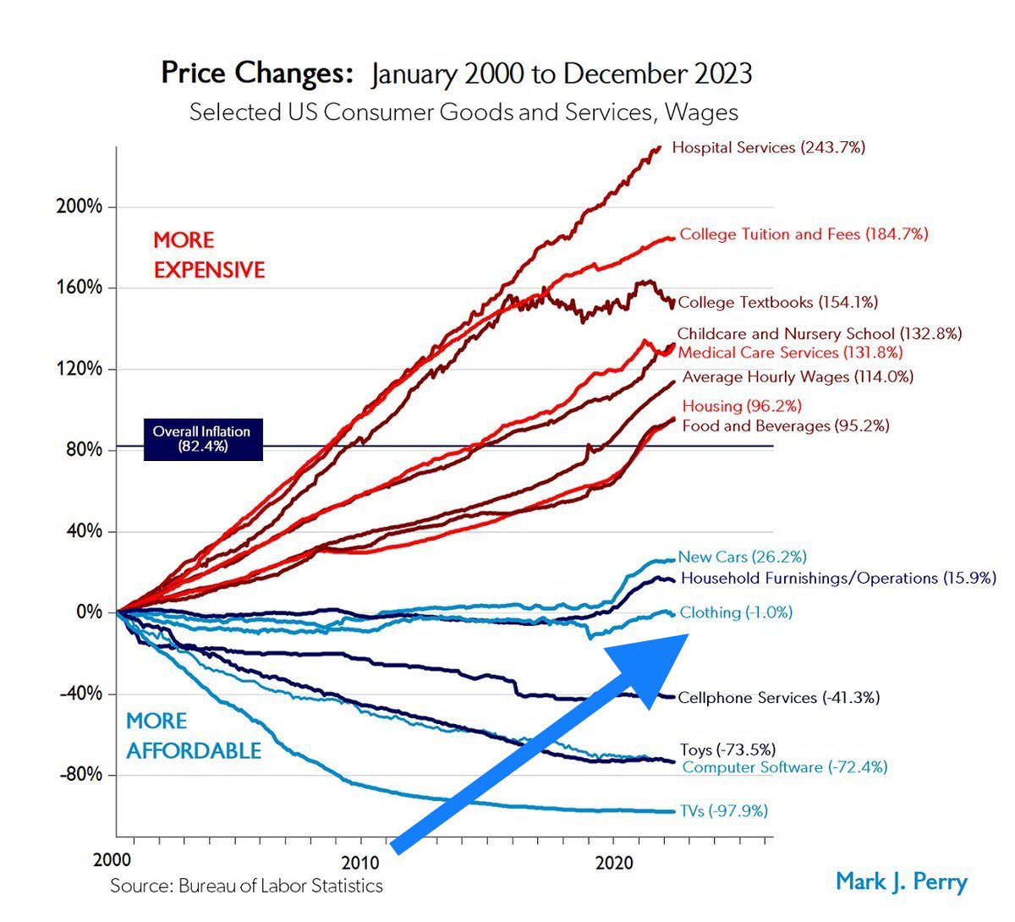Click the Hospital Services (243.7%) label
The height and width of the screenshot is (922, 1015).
click(x=768, y=148)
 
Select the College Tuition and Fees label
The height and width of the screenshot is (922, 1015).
click(x=804, y=234)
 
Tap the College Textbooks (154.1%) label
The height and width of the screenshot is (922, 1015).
click(x=777, y=302)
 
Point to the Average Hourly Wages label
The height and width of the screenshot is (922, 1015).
click(x=798, y=377)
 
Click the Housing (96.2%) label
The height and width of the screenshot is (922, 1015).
click(x=742, y=407)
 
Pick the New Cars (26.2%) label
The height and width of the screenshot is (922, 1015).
click(x=742, y=557)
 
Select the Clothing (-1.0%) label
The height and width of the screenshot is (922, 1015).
click(x=736, y=612)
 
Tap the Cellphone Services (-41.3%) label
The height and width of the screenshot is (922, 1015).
click(x=778, y=698)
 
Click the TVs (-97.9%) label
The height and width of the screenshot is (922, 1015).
click(x=723, y=811)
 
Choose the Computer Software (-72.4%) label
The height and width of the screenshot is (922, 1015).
click(x=784, y=768)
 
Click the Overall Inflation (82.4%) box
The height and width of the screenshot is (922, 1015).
click(x=202, y=439)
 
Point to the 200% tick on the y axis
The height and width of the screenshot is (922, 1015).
click(x=80, y=207)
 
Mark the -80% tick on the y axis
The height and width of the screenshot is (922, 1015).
click(x=80, y=775)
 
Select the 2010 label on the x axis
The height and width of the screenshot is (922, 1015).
click(x=362, y=863)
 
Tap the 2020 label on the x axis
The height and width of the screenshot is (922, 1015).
click(x=615, y=863)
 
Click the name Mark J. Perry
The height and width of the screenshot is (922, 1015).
click(x=901, y=881)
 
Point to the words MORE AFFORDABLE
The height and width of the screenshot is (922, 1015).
click(x=193, y=736)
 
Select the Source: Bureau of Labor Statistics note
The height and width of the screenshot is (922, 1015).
click(x=246, y=886)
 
